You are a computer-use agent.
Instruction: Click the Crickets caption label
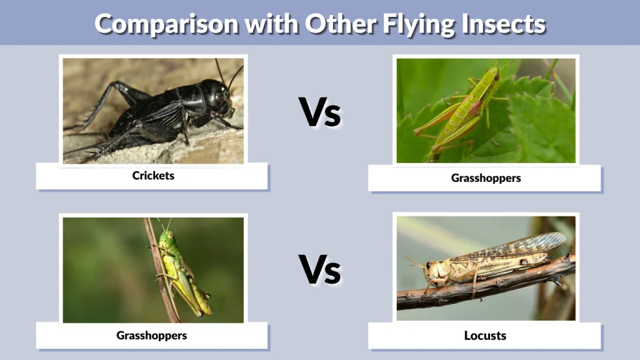coord(153,176)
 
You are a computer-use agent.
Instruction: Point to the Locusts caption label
coord(485,336)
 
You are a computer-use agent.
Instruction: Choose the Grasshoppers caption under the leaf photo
coord(486,178)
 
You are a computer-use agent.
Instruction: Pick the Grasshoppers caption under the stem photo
coord(151,336)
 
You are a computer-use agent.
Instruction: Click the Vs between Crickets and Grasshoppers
coord(319,112)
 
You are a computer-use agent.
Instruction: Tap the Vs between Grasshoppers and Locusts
coord(319,269)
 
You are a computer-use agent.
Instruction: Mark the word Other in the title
coord(334,24)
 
